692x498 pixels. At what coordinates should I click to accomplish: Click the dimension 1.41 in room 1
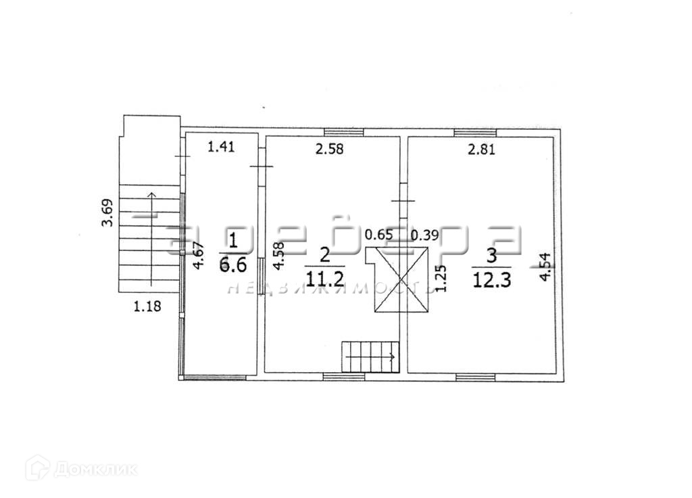coord(222,147)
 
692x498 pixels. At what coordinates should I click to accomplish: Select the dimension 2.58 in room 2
coord(330,150)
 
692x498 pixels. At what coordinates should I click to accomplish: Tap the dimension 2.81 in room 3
coord(482,150)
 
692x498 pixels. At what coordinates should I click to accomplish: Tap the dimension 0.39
coord(424,235)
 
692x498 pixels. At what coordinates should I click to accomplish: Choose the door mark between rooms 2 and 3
coord(403,201)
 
